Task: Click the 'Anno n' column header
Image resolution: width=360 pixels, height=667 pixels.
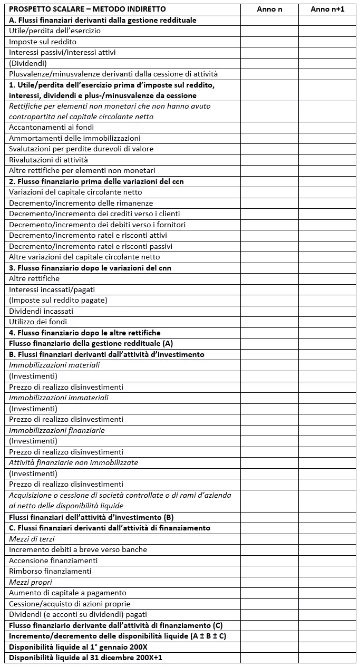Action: (269, 9)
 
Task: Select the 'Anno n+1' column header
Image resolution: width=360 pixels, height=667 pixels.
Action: (327, 9)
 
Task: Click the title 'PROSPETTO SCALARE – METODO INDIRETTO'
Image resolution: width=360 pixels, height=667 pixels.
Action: (87, 9)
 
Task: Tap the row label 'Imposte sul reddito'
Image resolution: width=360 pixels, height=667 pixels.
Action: (43, 42)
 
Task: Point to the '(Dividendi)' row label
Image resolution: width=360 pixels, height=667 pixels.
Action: (28, 63)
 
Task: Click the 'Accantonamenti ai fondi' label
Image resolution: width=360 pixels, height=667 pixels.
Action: (52, 128)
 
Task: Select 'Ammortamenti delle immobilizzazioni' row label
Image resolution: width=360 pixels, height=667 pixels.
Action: (75, 138)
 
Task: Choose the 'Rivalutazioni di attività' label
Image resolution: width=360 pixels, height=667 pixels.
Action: (48, 160)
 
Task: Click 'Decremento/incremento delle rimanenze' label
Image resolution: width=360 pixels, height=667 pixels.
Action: (81, 203)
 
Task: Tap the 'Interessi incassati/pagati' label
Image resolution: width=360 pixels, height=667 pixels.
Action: (52, 289)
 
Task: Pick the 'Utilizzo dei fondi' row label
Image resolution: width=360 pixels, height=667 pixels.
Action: (38, 322)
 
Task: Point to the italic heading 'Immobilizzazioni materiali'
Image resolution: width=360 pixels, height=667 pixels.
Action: (54, 365)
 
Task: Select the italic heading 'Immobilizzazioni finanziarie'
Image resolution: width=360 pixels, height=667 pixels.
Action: (57, 430)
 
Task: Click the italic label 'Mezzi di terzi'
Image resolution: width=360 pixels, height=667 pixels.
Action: (32, 539)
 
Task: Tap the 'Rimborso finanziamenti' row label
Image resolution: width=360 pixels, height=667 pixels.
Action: (50, 571)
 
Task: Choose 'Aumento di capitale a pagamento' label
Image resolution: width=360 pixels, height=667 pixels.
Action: (67, 593)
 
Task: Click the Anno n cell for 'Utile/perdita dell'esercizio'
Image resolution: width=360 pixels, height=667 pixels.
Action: (269, 31)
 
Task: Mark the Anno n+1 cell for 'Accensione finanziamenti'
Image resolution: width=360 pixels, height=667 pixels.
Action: (327, 560)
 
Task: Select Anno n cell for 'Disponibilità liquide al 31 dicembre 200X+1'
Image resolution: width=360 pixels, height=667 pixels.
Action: (269, 658)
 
